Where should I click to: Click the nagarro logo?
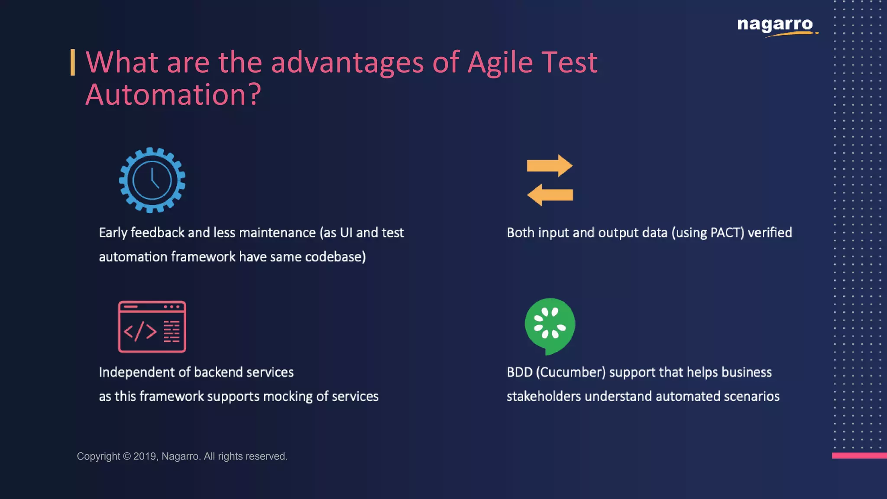[775, 25]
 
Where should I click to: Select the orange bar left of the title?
[73, 62]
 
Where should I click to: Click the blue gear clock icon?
[152, 180]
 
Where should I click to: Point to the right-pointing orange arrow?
[550, 166]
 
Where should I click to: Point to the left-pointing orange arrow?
[550, 195]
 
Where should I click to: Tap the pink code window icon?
[152, 327]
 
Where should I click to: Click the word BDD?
[519, 373]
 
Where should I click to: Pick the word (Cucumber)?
[570, 373]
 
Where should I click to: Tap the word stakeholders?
[544, 397]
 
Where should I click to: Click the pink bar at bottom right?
[859, 455]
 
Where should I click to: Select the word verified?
[770, 233]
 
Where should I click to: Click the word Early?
[113, 233]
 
